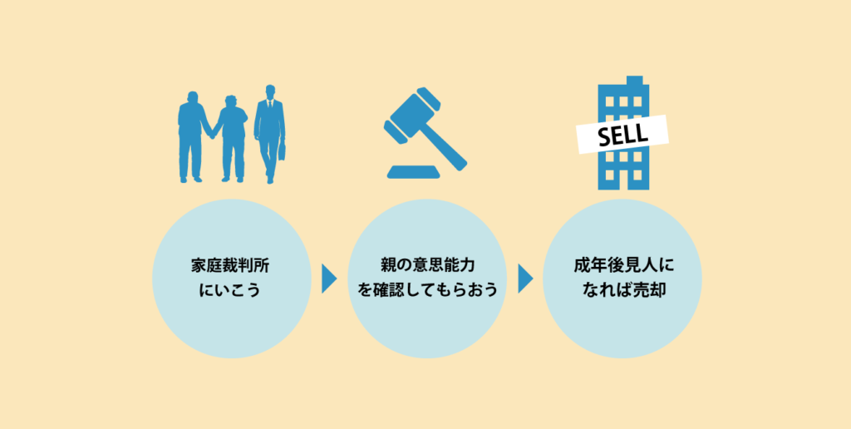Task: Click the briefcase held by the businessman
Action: tap(283, 151)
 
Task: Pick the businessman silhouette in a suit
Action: tap(270, 134)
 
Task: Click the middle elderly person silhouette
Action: tap(231, 138)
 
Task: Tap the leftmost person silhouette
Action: tap(192, 136)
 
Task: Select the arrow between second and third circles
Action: tap(525, 279)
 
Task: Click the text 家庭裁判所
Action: tap(231, 266)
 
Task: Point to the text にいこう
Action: tap(231, 291)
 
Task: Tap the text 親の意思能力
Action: tap(428, 266)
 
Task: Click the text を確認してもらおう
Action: tap(428, 291)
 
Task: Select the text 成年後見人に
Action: tap(623, 266)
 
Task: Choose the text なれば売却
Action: tap(623, 291)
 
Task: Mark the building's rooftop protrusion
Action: tap(634, 81)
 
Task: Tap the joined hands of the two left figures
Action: tap(212, 134)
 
